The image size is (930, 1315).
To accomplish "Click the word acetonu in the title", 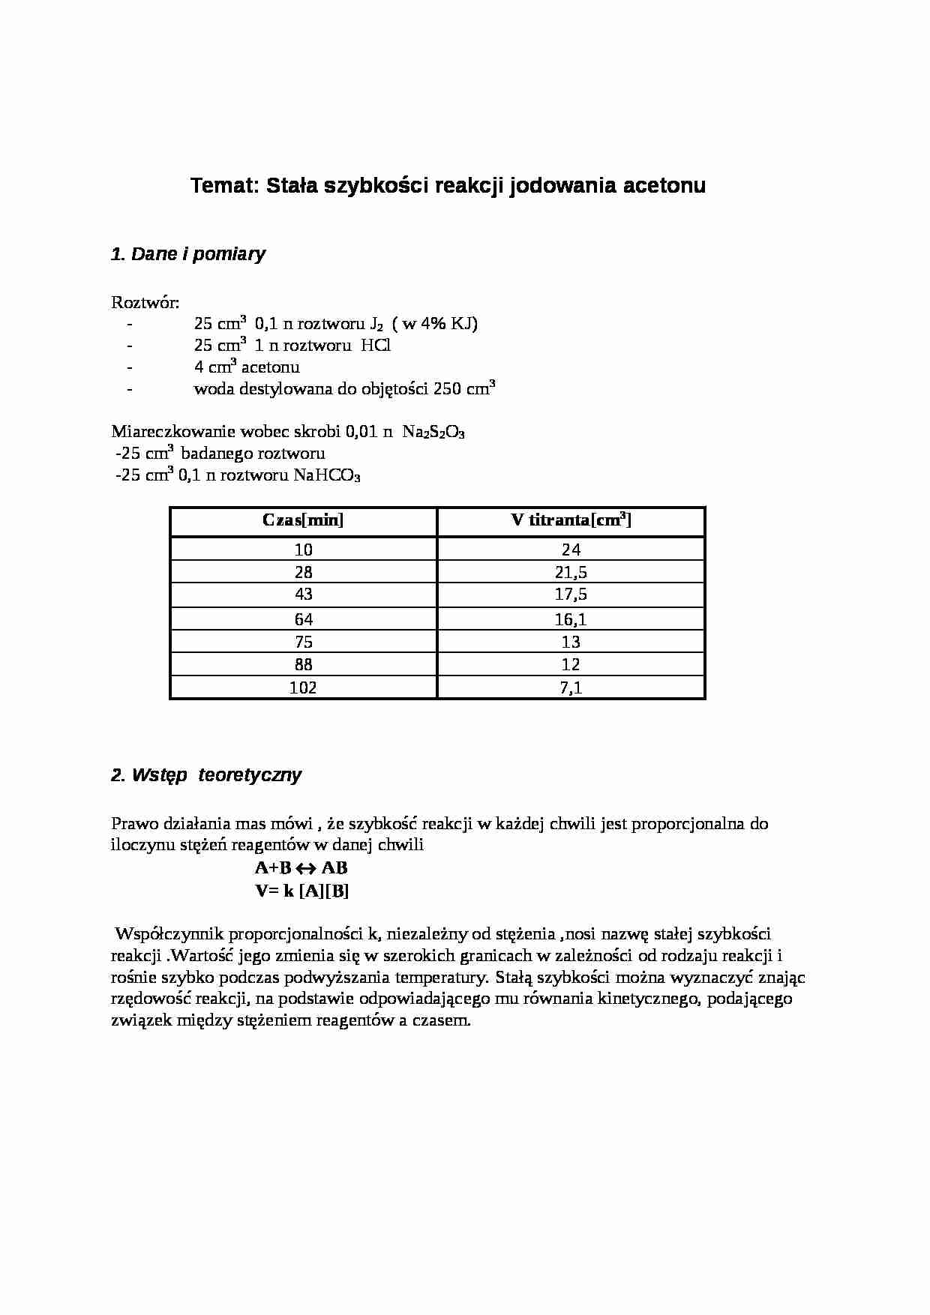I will pos(664,186).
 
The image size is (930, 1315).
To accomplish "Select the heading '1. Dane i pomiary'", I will pos(187,254).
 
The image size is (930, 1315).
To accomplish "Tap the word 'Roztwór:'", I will pos(145,303).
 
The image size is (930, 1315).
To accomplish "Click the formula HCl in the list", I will pos(376,346).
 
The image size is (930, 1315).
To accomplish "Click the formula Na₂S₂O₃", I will pos(433,433).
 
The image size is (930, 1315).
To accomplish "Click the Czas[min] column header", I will pos(303,521).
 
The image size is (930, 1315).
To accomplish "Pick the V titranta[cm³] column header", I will pos(571,521).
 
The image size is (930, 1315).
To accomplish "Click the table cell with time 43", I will pos(304,595).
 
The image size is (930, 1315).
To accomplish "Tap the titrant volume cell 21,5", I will pos(571,573).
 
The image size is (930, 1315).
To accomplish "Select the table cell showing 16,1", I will pos(571,619).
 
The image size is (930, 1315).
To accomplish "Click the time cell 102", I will pos(303,687).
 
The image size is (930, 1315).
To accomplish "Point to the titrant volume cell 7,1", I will pos(571,687).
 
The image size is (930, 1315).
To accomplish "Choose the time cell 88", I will pos(304,665).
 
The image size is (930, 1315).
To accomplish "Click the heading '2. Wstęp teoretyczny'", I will pos(206,775).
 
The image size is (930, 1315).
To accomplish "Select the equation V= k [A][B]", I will pos(302,891).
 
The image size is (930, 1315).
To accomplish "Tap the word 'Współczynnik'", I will pos(169,934).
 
